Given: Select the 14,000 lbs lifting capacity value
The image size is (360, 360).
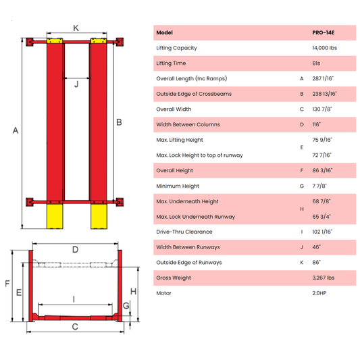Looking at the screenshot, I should pyautogui.click(x=325, y=48).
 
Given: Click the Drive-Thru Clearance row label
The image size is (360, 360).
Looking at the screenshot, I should pyautogui.click(x=183, y=232).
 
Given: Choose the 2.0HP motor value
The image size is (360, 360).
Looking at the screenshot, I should pyautogui.click(x=319, y=293).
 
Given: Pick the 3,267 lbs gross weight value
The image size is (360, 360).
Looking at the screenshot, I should pyautogui.click(x=322, y=278).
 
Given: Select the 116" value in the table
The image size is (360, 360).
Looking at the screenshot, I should pyautogui.click(x=315, y=124).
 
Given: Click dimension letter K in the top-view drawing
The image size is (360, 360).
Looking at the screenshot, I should pyautogui.click(x=76, y=28).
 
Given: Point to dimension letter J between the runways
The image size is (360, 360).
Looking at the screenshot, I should pyautogui.click(x=76, y=84).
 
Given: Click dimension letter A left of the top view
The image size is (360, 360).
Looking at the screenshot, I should pyautogui.click(x=16, y=131).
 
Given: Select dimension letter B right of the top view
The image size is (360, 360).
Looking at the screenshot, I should pyautogui.click(x=119, y=122).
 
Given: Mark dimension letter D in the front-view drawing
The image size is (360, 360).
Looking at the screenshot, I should pyautogui.click(x=75, y=249).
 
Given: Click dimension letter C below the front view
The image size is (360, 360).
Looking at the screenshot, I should pyautogui.click(x=75, y=328).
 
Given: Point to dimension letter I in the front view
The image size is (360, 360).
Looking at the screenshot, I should pyautogui.click(x=73, y=298).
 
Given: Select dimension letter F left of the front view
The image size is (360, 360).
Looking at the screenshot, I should pyautogui.click(x=7, y=284).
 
